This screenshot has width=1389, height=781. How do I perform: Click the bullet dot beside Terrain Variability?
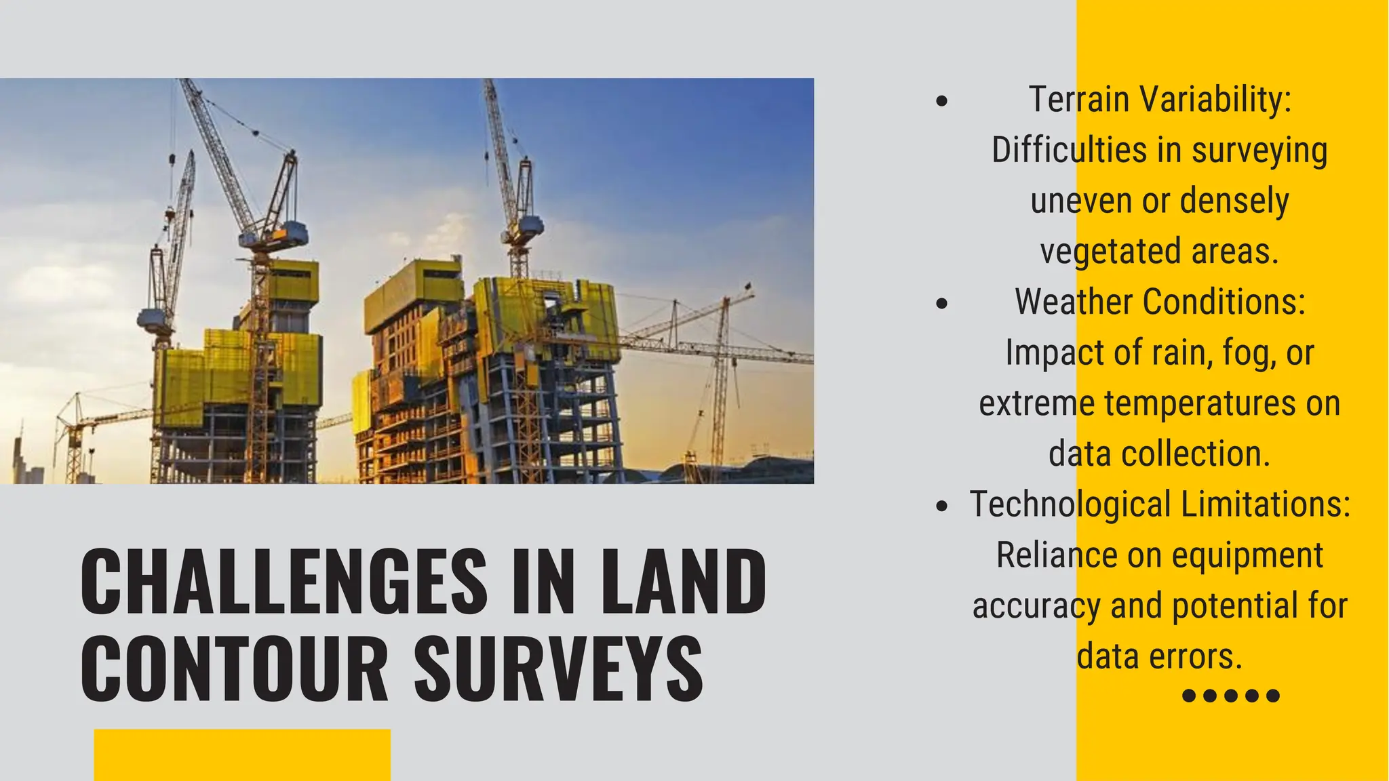coord(941,102)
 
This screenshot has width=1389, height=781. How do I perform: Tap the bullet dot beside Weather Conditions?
coord(941,304)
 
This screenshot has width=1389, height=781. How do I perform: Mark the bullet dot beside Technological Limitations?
coord(941,506)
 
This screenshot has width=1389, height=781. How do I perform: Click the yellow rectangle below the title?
coord(242,755)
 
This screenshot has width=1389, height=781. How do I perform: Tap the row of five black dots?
coord(1230,696)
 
